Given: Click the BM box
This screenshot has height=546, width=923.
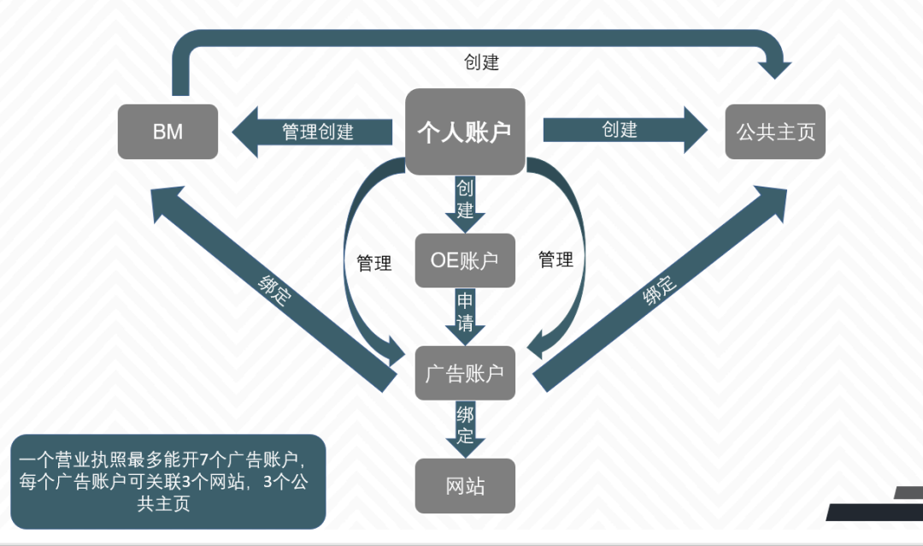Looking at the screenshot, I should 168,131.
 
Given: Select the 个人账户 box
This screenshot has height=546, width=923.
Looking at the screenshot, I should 464,131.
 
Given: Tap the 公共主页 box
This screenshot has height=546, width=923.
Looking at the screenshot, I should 775,131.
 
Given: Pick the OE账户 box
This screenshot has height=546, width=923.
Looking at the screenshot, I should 465,260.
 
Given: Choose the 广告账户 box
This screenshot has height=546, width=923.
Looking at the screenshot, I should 465,372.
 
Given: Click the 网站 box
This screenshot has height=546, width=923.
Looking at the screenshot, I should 465,485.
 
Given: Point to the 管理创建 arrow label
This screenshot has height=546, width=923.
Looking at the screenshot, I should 318,132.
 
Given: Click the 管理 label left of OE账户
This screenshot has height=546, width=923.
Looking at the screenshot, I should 374,264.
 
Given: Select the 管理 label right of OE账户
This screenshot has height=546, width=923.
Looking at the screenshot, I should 556,259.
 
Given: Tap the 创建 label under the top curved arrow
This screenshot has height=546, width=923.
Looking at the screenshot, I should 481,62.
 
